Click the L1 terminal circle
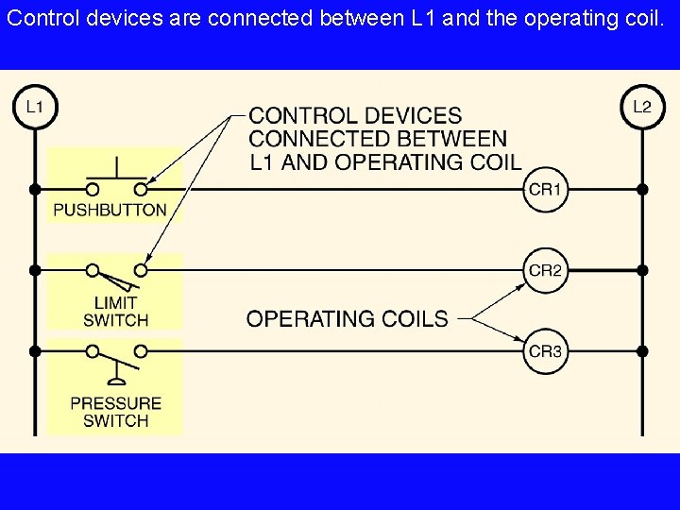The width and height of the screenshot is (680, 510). (35, 107)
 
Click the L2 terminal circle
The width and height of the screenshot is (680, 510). (642, 107)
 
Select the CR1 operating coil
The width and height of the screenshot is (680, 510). (545, 190)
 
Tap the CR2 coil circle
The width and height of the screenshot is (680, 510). (545, 270)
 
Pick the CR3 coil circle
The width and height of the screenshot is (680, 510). (545, 351)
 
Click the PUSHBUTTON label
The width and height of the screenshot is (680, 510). (110, 211)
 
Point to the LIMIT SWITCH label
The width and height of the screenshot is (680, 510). (115, 312)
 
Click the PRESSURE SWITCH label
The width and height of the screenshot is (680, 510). (115, 412)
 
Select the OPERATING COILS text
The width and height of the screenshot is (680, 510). (347, 318)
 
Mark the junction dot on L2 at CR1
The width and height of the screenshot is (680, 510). (642, 190)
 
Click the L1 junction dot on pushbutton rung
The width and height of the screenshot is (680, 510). (35, 190)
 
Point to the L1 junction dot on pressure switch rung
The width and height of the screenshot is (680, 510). (35, 351)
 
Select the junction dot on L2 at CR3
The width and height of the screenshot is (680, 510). (642, 351)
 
